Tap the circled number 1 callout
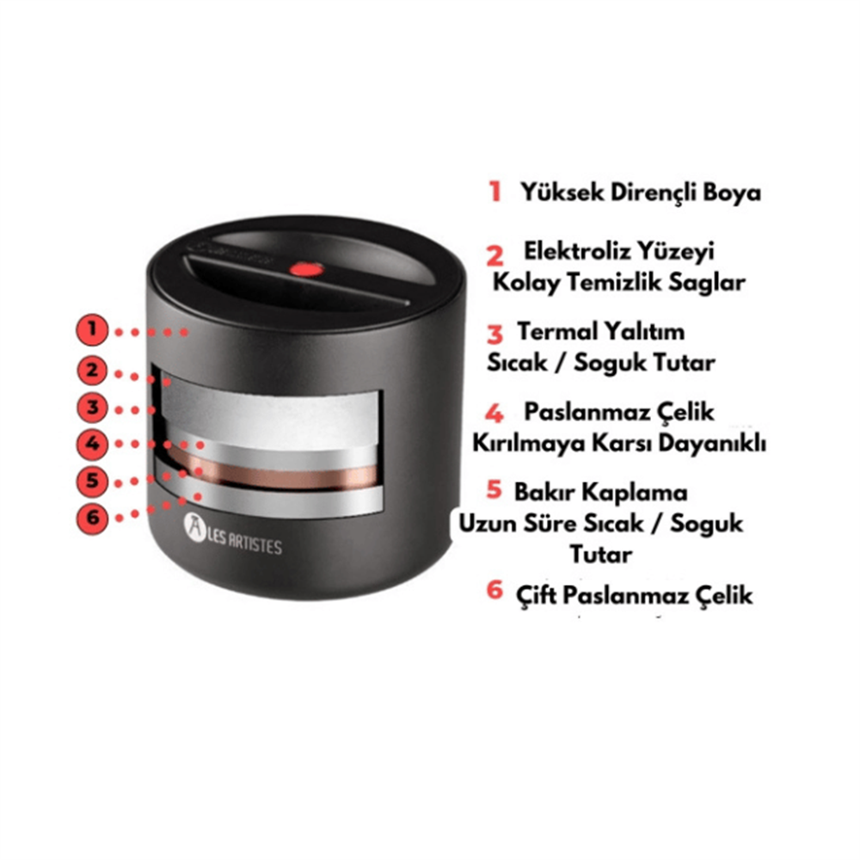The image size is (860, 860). coord(92,329)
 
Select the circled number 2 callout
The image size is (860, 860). coord(92,371)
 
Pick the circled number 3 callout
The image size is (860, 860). coord(92,408)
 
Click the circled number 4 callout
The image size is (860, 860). coord(92,444)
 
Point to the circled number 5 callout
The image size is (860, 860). coord(92,481)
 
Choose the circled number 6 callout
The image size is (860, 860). coord(92,517)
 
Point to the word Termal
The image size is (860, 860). coord(556,331)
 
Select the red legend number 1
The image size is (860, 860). coord(495,192)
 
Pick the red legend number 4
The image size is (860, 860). coord(494,414)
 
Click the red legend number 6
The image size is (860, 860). coord(494,590)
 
